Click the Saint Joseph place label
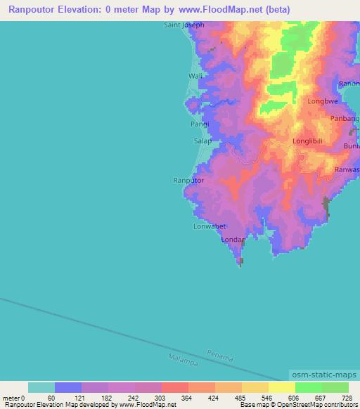coord(184,25)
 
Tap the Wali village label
coord(195,76)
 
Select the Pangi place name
coord(200,124)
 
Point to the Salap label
coord(202,141)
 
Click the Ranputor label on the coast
coord(188,181)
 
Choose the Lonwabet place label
coord(209,226)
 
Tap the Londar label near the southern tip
coord(233,240)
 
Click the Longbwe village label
coord(323,101)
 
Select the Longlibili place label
coord(309,141)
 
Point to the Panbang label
coord(345,119)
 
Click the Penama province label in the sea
coord(219,356)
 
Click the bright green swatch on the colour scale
coord(309,387)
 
